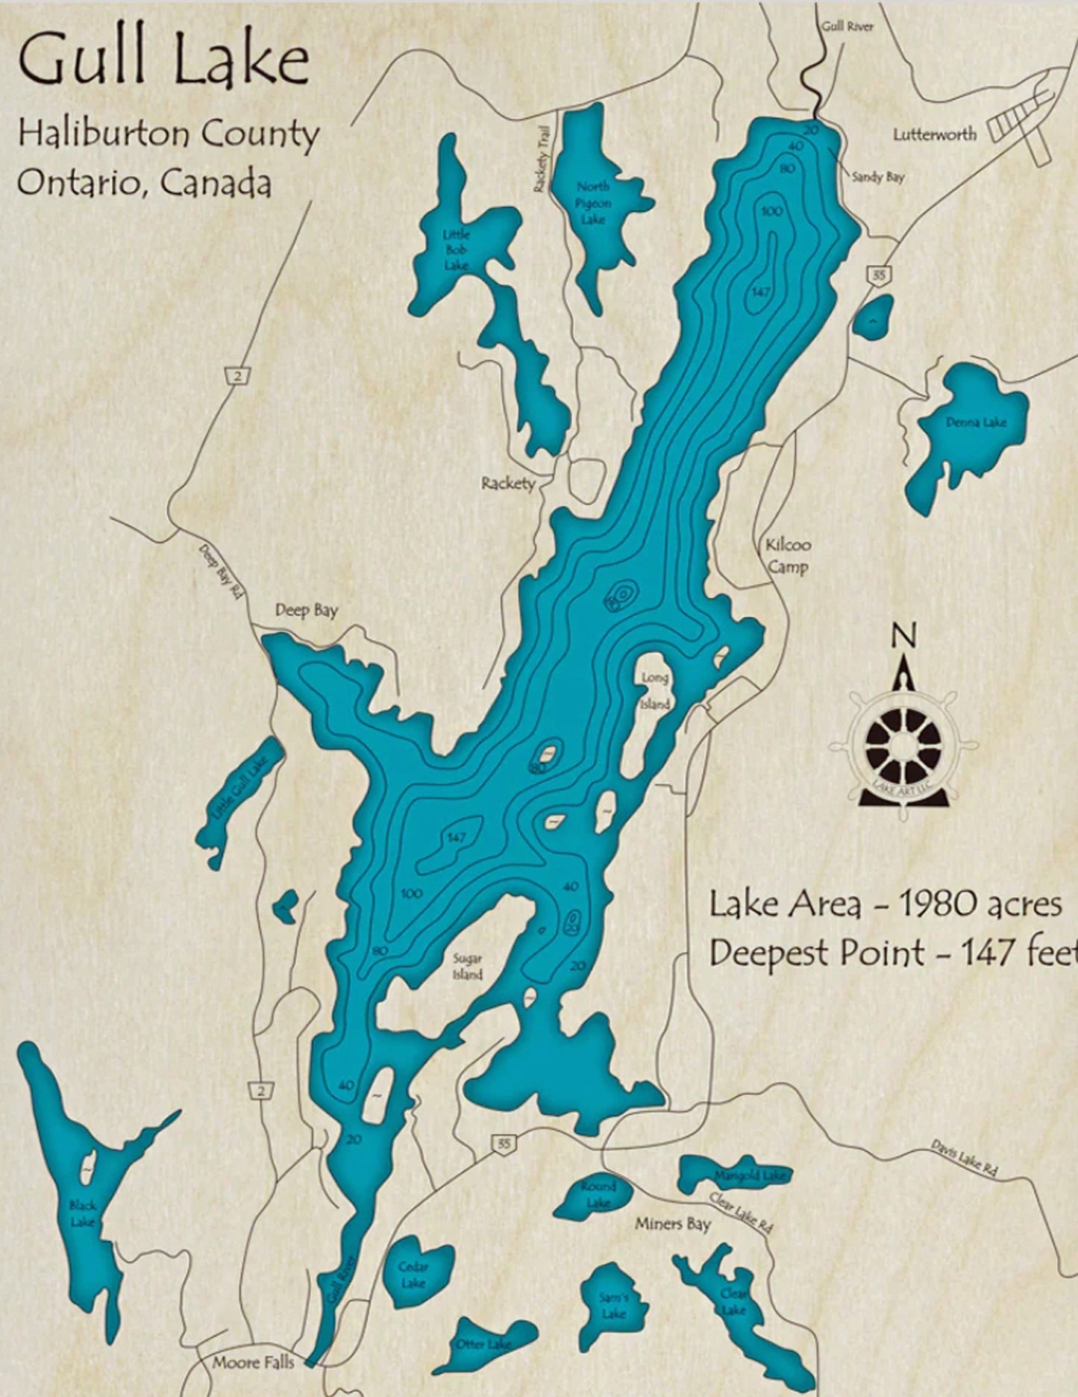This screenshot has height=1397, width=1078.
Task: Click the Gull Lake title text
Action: (163, 61)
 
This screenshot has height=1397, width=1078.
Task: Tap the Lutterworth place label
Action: (934, 135)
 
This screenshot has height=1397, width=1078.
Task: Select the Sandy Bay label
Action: (878, 178)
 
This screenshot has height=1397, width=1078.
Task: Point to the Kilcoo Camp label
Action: (788, 555)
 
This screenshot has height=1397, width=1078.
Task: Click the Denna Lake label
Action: (976, 422)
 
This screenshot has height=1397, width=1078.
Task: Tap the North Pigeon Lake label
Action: (593, 203)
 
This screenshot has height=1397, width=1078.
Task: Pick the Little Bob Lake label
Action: (456, 250)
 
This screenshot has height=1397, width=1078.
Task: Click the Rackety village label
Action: (508, 484)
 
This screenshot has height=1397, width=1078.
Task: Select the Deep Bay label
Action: (306, 610)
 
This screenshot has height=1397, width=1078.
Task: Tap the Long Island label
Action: (656, 691)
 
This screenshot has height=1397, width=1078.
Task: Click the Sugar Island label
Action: (468, 966)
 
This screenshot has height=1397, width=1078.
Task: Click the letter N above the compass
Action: (903, 636)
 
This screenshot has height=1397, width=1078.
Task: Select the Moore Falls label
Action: (253, 1363)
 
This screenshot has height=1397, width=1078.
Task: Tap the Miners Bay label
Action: (672, 1225)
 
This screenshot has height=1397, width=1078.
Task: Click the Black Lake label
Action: (82, 1213)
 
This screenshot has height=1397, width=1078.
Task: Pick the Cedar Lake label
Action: (413, 1275)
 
